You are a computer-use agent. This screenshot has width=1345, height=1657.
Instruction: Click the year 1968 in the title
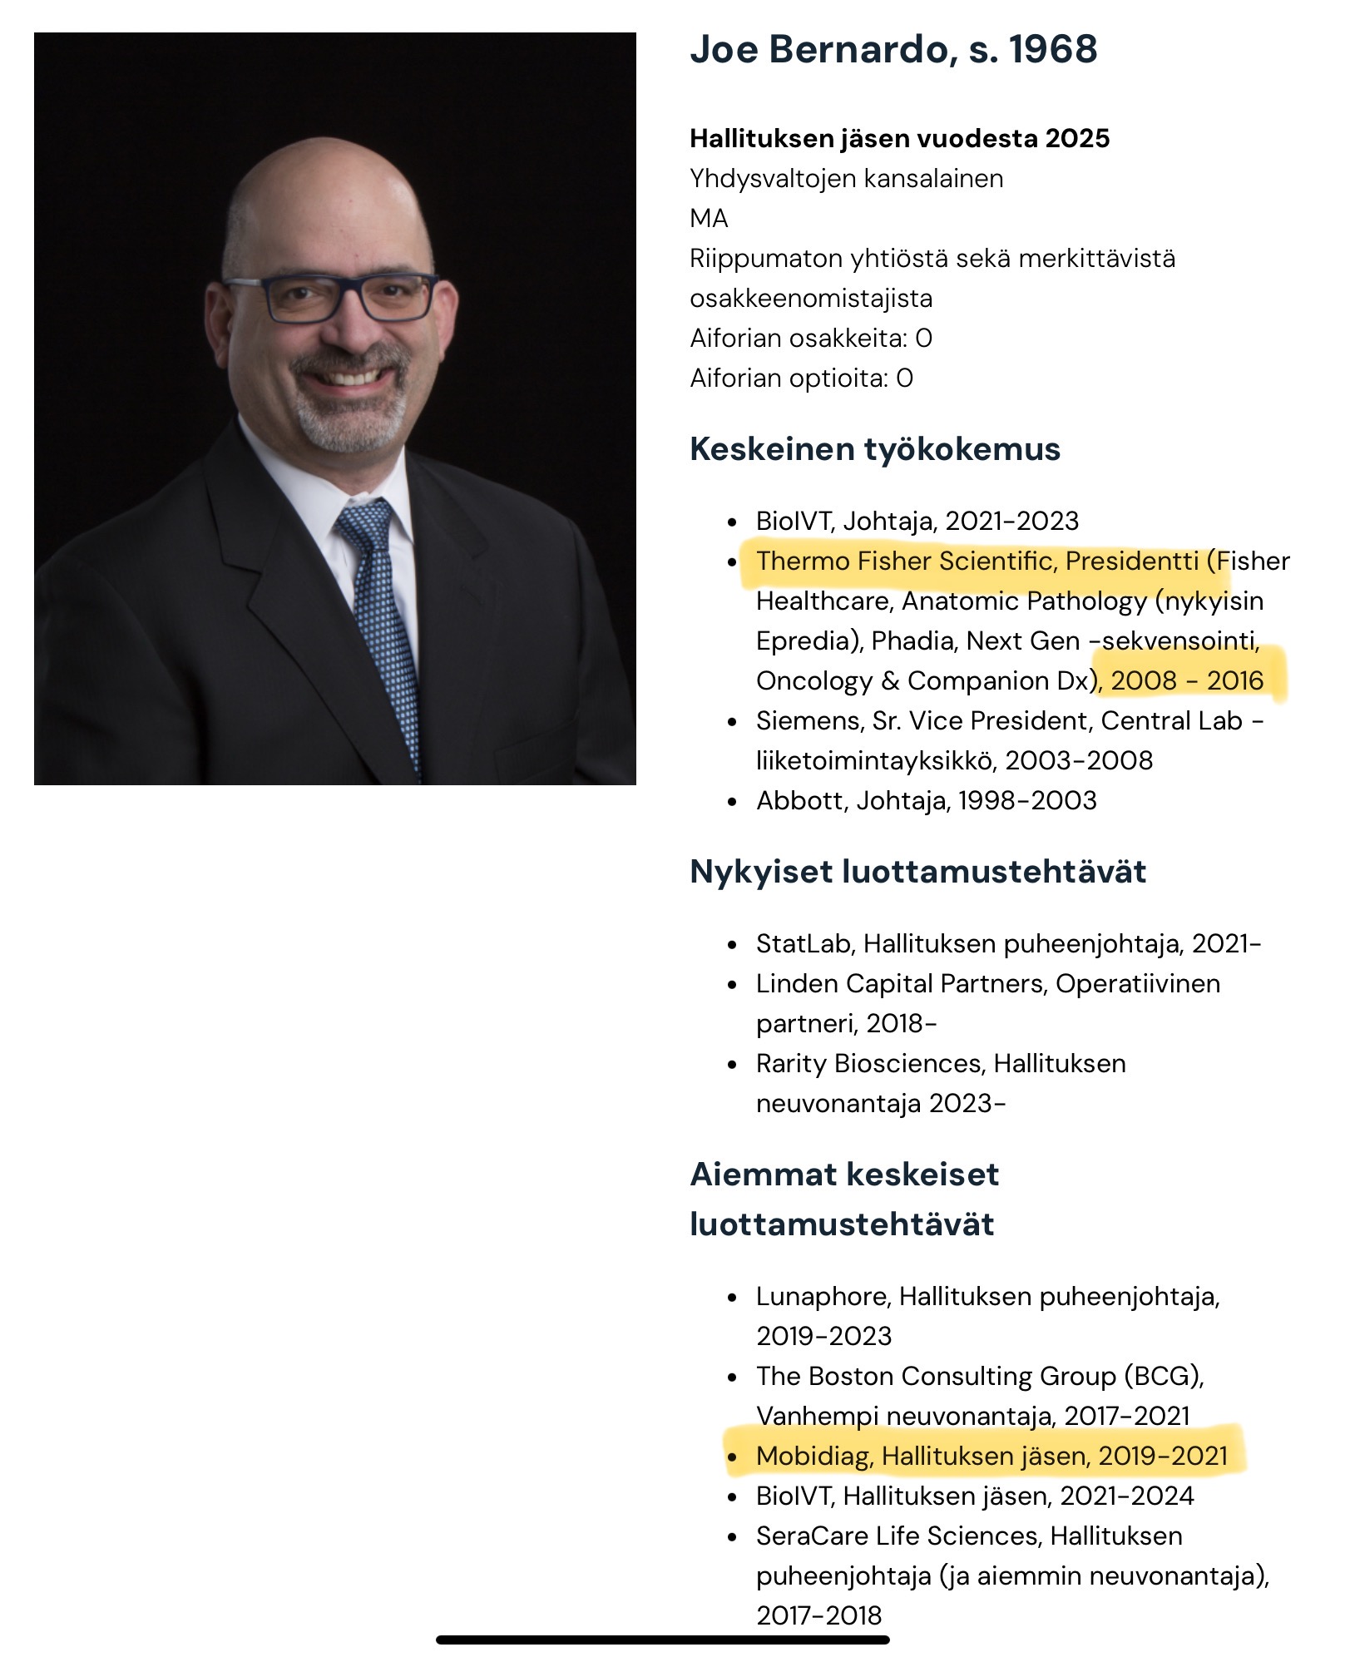click(1052, 50)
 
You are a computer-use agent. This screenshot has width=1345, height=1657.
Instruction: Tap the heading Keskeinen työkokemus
click(875, 449)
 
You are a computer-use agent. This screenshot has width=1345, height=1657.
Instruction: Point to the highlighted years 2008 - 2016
click(1187, 681)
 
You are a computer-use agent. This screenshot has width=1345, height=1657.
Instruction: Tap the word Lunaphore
click(823, 1296)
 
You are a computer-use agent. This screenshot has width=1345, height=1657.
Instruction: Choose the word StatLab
click(803, 944)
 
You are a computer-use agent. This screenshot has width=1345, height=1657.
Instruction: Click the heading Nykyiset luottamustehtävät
click(917, 872)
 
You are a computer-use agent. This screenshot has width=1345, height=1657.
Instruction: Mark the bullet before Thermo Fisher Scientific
click(732, 562)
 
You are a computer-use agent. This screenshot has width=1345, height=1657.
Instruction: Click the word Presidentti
click(1132, 561)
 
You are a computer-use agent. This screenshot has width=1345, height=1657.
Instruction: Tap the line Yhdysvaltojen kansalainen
click(846, 179)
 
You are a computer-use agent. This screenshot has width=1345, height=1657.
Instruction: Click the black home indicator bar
click(662, 1640)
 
